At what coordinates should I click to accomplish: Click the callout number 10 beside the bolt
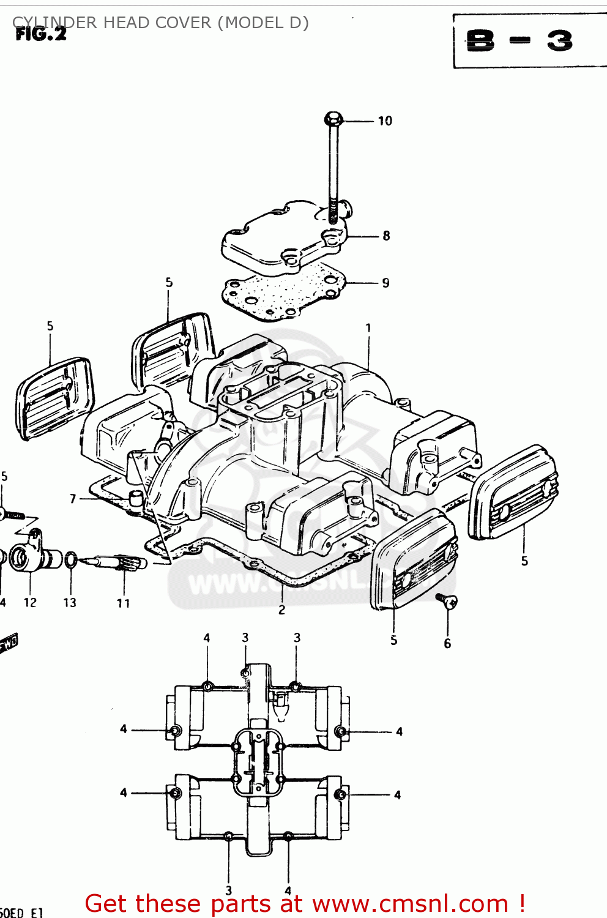[384, 121]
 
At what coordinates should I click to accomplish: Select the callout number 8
[386, 236]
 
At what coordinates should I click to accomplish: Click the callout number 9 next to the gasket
[385, 283]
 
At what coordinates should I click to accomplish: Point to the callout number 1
[368, 328]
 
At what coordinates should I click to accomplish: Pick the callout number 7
[73, 499]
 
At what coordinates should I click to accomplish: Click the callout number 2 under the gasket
[281, 610]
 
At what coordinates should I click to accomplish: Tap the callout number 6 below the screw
[447, 643]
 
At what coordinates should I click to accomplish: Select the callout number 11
[123, 603]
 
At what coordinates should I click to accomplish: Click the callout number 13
[70, 603]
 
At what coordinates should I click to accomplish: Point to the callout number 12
[30, 603]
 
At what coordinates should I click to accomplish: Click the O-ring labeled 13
[71, 559]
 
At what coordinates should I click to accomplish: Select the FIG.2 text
[40, 34]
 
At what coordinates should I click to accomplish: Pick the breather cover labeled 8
[285, 239]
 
